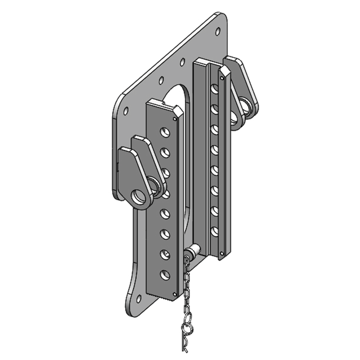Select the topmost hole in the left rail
(165, 131)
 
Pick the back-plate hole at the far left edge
(126, 110)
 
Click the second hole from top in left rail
(165, 152)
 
